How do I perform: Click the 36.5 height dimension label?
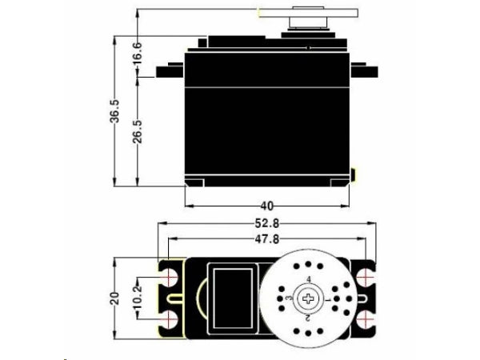[x=115, y=112]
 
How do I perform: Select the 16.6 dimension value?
[x=137, y=53]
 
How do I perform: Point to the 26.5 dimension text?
[x=137, y=130]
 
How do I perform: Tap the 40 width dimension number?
[x=267, y=206]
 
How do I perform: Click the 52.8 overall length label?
[x=267, y=224]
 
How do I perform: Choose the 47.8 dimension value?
[x=267, y=238]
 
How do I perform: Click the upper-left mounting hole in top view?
[x=170, y=276]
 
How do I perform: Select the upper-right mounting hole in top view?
[x=366, y=277]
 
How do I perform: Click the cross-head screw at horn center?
[x=309, y=298]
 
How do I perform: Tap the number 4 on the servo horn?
[x=309, y=279]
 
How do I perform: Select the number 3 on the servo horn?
[x=289, y=298]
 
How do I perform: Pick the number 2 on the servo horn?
[x=309, y=317]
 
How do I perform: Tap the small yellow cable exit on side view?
[x=354, y=174]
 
